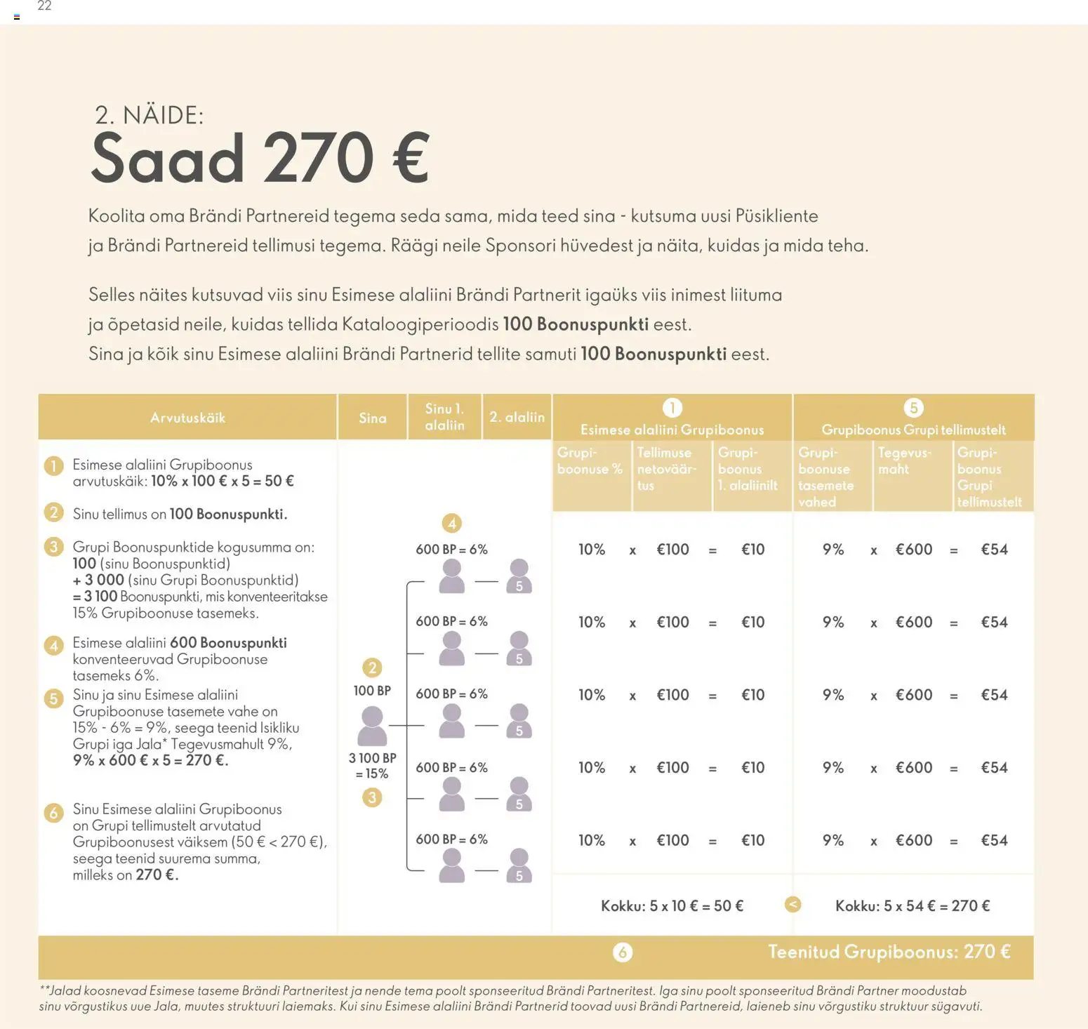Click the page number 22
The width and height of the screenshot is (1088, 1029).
coord(44,6)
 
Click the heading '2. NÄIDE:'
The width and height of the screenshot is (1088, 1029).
coord(149,115)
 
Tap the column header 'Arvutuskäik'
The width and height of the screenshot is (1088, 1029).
coord(187,418)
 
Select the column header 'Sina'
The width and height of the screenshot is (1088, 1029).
coord(373,418)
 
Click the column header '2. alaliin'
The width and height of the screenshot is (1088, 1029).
coord(517,417)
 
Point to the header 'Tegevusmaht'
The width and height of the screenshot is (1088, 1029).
coord(904,461)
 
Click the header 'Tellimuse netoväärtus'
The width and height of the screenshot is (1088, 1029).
coord(666,469)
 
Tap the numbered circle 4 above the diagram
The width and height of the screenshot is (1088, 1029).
coord(452,523)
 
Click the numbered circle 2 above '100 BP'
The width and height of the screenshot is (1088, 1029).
coord(373,668)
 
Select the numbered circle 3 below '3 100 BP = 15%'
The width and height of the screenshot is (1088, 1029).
coord(372,797)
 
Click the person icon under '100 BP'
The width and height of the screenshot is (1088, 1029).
coord(372,726)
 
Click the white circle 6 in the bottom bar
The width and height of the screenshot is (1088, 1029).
coord(623,952)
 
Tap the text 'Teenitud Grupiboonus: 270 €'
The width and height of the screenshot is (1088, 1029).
coord(889,952)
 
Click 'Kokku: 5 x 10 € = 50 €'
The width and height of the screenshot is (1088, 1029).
coord(672,906)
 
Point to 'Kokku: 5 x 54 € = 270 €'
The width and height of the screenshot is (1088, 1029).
coord(913,906)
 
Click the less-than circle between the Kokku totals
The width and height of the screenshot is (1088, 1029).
coord(792,905)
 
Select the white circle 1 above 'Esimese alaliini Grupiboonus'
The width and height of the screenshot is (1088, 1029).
coord(672,408)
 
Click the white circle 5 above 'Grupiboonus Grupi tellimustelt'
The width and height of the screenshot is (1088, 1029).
coord(913,408)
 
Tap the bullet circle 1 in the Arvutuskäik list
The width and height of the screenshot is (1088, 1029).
coord(54,465)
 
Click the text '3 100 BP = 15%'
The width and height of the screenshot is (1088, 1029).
coord(373,766)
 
